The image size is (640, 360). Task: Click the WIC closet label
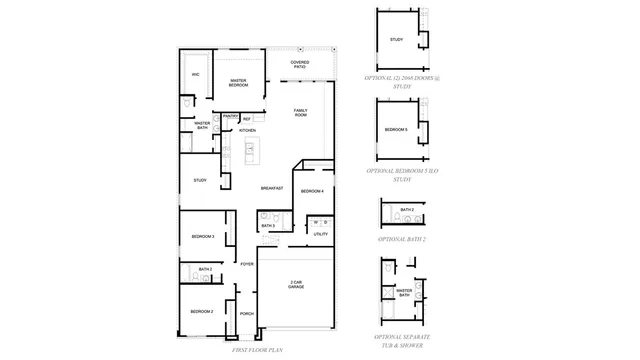click(196, 75)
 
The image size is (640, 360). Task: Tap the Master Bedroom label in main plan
click(238, 83)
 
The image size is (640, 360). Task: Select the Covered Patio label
click(300, 65)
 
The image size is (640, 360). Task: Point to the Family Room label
click(300, 113)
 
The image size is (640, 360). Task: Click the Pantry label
click(230, 117)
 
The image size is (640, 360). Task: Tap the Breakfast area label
click(272, 188)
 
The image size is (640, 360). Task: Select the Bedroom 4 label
click(312, 190)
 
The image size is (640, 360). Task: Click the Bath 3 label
click(268, 226)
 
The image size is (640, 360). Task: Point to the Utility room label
click(320, 234)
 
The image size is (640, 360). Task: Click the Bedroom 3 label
click(203, 236)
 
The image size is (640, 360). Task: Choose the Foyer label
click(246, 264)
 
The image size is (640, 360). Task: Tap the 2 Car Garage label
click(296, 284)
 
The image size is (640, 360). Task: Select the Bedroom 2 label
click(203, 311)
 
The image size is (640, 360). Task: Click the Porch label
click(246, 314)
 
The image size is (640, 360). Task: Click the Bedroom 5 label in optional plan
click(396, 129)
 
